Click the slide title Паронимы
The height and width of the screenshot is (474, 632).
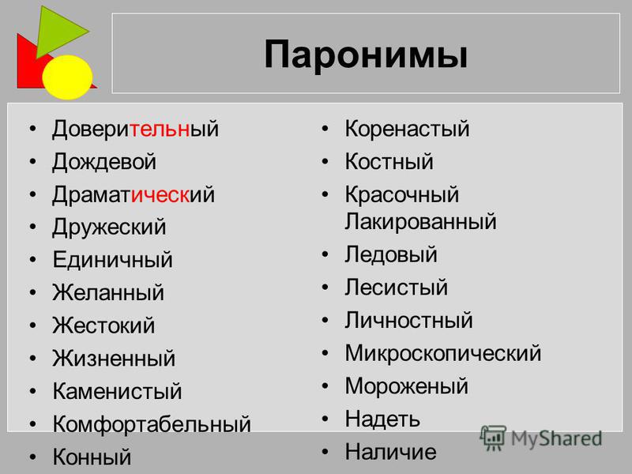coord(366,55)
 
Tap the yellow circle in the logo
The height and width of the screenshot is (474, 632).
coord(67,77)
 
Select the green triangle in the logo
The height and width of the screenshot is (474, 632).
coord(61,31)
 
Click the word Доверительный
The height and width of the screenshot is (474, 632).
coord(135,130)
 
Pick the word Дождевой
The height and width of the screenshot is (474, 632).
coord(104,162)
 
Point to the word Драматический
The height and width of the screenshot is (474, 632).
coord(134,195)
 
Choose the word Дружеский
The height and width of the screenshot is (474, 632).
coord(109,228)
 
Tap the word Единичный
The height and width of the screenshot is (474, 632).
coord(112,260)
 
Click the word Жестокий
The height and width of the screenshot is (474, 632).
coord(103,325)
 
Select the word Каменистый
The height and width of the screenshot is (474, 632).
coord(117,391)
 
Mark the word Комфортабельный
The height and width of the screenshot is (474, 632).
coord(152,424)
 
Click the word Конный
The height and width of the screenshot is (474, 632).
coord(92,457)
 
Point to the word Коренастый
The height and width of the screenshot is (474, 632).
coord(407,130)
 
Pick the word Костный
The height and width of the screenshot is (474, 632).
coord(389,162)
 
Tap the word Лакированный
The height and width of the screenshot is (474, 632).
coord(420,222)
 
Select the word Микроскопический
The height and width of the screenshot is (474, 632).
coord(443,353)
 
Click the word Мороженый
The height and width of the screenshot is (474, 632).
coord(406,386)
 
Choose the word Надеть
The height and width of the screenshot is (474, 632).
coord(382,419)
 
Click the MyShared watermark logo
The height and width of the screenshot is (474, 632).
coord(541,438)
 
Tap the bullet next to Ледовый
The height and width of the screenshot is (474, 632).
coord(325,254)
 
